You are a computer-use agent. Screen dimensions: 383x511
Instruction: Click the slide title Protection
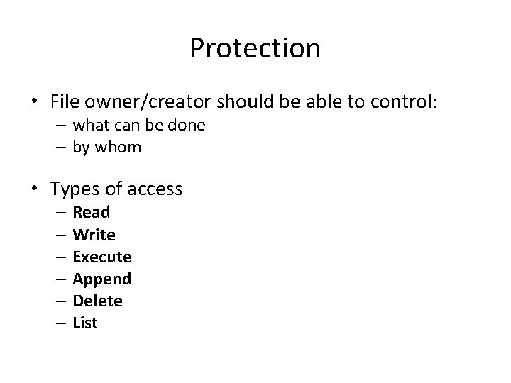pyautogui.click(x=255, y=48)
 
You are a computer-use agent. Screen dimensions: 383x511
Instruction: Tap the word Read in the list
pyautogui.click(x=92, y=212)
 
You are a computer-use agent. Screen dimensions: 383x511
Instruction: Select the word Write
pyautogui.click(x=94, y=234)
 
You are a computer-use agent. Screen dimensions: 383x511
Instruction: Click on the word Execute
pyautogui.click(x=102, y=256)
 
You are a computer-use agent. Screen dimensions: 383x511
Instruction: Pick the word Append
pyautogui.click(x=102, y=279)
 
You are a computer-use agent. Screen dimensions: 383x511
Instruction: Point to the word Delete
pyautogui.click(x=98, y=301)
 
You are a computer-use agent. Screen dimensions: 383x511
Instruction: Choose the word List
pyautogui.click(x=85, y=323)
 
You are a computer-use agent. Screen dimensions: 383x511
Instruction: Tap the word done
pyautogui.click(x=186, y=126)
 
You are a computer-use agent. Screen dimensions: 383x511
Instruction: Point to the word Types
pyautogui.click(x=75, y=189)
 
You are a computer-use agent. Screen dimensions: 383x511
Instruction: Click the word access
pyautogui.click(x=155, y=189)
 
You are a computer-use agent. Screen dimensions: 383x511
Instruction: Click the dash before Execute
pyautogui.click(x=58, y=257)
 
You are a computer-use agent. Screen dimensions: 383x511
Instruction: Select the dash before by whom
pyautogui.click(x=58, y=148)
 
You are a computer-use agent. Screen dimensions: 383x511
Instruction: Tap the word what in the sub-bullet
pyautogui.click(x=90, y=126)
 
